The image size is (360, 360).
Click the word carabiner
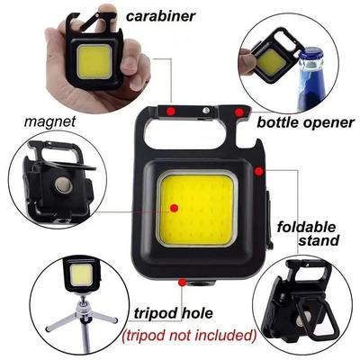coord(162,15)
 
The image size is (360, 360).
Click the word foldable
coord(307,225)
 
